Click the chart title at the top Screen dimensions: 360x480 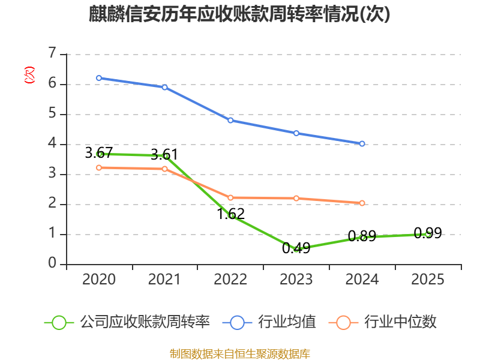239,14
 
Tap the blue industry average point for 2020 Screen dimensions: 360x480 99,78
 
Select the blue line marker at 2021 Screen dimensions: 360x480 164,87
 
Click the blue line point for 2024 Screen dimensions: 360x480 362,144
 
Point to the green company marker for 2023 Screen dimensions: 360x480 296,249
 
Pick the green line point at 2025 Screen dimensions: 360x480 428,234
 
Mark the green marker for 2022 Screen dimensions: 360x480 230,216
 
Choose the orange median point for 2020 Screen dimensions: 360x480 99,167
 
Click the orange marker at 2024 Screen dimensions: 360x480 362,203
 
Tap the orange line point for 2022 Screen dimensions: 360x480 230,197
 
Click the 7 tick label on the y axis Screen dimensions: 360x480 52,53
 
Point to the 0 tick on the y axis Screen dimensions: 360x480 52,264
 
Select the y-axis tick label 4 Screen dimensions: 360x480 52,144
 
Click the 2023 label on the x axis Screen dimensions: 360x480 296,280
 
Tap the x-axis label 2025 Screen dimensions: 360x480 428,280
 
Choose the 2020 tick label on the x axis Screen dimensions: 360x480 99,280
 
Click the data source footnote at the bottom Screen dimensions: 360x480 239,353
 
